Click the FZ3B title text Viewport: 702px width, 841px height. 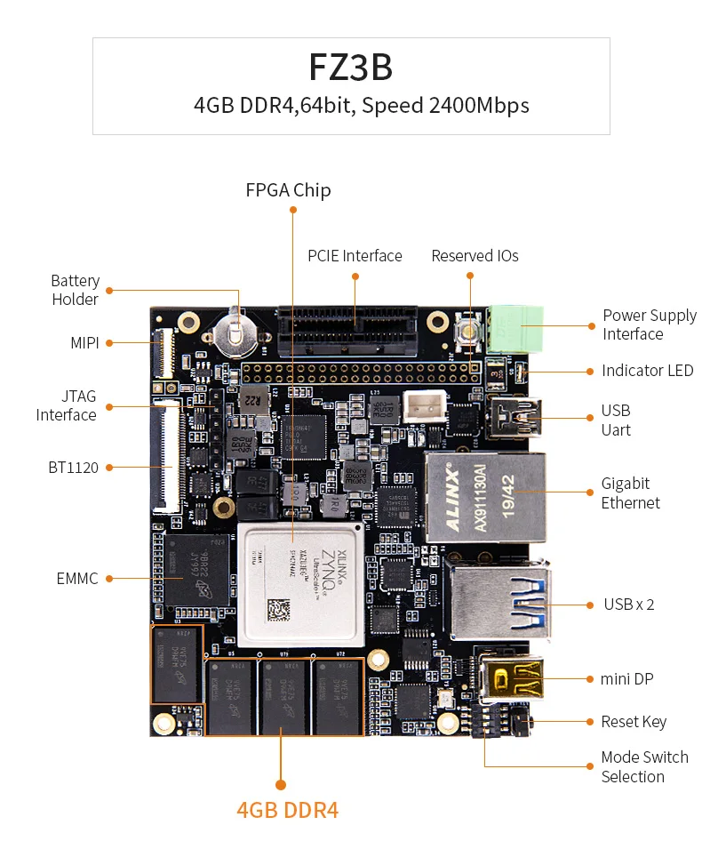351,68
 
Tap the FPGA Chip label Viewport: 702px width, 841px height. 288,189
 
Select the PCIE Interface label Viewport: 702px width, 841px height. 355,256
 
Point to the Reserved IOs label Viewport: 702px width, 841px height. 475,256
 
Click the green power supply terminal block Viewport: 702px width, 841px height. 515,330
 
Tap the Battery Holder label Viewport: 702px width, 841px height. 75,290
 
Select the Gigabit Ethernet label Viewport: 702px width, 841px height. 630,493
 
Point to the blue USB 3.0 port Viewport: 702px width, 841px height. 499,602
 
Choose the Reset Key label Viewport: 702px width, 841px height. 633,722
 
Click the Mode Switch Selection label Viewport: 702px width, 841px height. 643,766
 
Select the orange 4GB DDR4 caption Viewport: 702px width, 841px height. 287,810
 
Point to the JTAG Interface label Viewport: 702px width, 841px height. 67,405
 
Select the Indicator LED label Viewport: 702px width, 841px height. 647,371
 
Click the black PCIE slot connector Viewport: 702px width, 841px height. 355,332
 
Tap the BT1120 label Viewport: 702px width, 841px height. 73,467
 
